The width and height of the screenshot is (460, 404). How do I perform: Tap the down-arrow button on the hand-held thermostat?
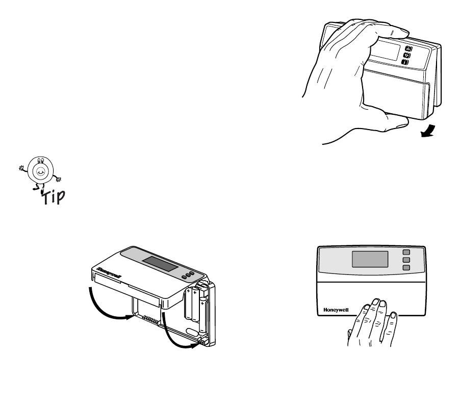pos(407,56)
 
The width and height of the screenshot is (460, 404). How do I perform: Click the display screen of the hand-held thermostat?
pos(386,50)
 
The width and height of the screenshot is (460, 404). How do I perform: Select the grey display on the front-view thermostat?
pos(370,259)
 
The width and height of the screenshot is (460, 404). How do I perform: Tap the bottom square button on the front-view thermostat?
pos(406,267)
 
